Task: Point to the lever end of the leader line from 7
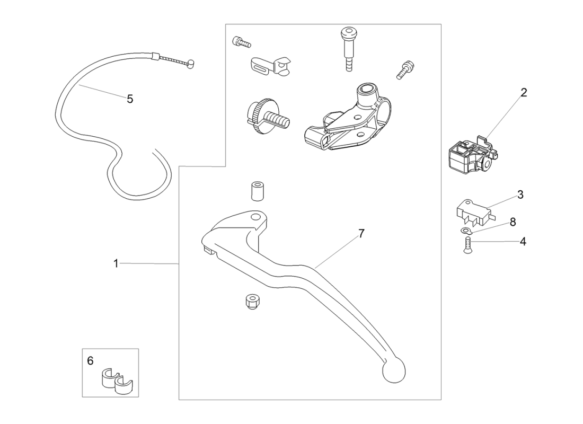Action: click(x=314, y=268)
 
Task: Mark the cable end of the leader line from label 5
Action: click(x=79, y=86)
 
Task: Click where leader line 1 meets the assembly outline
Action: click(x=179, y=264)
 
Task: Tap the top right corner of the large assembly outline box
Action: click(x=441, y=24)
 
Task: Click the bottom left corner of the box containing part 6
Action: click(x=82, y=397)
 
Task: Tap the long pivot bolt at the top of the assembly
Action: click(x=348, y=49)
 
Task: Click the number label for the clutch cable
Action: click(x=130, y=99)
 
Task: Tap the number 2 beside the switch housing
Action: click(x=524, y=93)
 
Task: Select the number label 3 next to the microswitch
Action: click(x=520, y=195)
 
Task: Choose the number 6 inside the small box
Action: click(x=90, y=361)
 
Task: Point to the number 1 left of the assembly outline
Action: click(x=116, y=264)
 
